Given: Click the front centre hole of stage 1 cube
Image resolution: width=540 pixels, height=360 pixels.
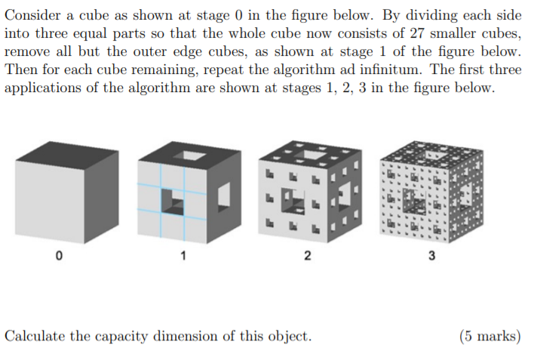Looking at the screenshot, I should tap(173, 202).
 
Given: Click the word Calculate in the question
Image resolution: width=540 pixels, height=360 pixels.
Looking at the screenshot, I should tap(35, 336).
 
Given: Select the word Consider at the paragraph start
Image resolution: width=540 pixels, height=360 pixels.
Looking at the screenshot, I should tap(32, 15).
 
